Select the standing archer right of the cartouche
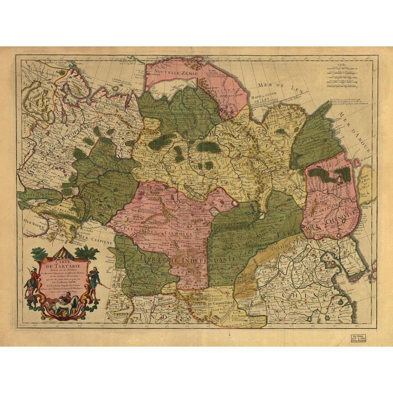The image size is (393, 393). pos(94,281)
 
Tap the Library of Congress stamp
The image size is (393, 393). pos(358,339)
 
